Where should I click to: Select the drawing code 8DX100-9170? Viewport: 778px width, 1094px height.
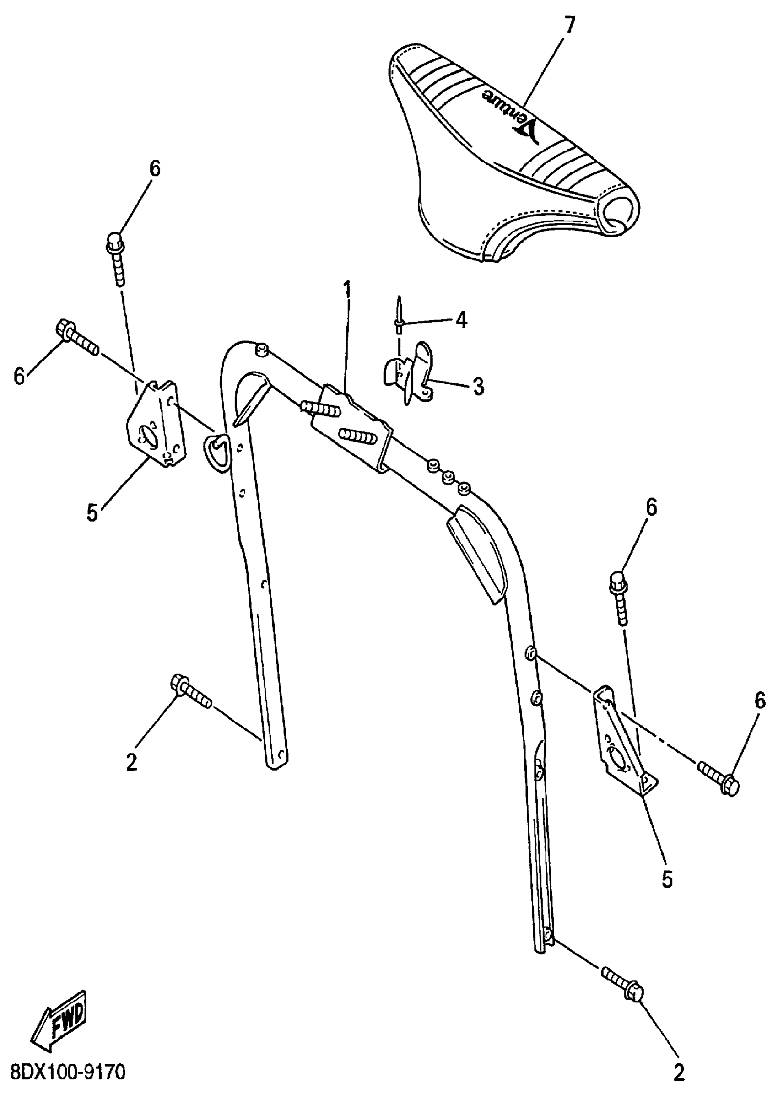(x=68, y=1072)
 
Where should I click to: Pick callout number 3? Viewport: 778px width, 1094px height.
(x=478, y=386)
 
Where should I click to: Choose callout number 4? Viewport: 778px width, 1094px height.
(x=461, y=320)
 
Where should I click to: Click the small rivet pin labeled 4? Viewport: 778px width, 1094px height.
(x=399, y=316)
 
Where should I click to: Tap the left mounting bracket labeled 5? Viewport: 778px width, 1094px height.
(x=154, y=423)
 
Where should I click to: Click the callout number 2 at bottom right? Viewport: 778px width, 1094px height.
(x=679, y=1073)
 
